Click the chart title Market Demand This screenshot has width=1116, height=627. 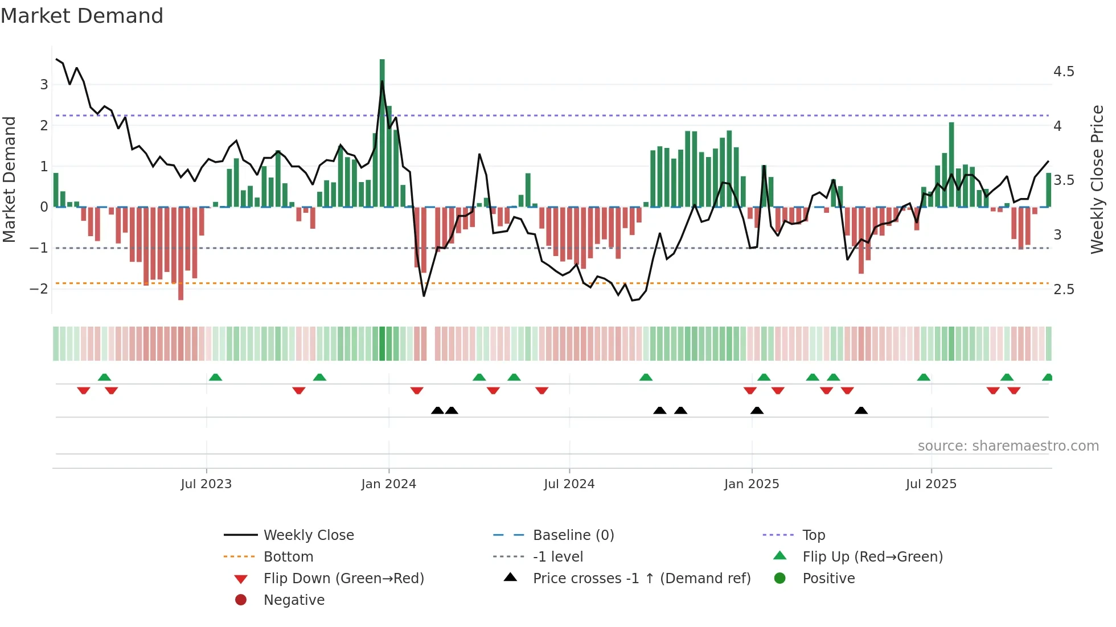coord(82,16)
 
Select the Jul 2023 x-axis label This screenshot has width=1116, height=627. coord(206,484)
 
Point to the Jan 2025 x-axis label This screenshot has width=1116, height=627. coord(751,484)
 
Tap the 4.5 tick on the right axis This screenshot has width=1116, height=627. coord(1063,72)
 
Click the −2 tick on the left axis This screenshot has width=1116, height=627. coord(39,288)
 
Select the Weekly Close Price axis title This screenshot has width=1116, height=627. coord(1097,179)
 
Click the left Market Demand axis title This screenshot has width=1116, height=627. coord(10,179)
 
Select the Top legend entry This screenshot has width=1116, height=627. coord(813,535)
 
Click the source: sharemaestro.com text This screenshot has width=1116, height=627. coord(1008,446)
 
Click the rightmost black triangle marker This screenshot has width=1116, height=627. coord(861,411)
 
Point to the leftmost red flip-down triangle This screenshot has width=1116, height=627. coord(84,390)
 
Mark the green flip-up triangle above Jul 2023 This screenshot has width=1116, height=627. coord(215,377)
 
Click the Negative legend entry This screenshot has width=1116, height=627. coord(293,600)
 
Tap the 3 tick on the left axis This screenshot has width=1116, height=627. coord(44,85)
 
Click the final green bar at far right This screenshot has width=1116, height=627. coord(1048,190)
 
